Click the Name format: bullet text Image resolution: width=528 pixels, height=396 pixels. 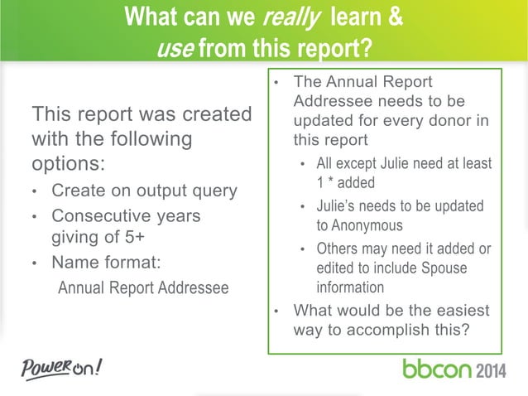[106, 263]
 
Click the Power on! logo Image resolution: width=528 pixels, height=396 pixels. [62, 365]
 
